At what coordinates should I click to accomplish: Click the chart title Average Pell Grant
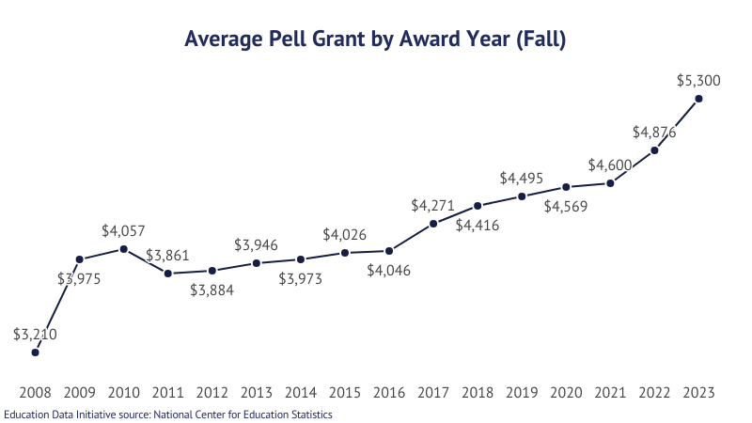[x=375, y=39]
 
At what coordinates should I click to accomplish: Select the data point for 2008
[x=36, y=352]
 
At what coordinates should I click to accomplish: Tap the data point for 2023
[x=698, y=99]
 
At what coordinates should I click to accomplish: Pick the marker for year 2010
[x=124, y=249]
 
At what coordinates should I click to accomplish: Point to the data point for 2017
[x=433, y=224]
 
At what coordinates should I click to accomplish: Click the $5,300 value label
[x=698, y=81]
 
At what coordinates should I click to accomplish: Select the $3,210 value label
[x=36, y=334]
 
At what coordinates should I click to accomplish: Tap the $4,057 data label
[x=124, y=230]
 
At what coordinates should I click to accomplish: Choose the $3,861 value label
[x=168, y=255]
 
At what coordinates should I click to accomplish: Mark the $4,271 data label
[x=433, y=205]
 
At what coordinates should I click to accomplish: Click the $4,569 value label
[x=566, y=207]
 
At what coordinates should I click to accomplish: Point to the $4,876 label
[x=654, y=132]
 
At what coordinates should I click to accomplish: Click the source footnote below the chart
[x=168, y=414]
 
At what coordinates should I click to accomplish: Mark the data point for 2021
[x=610, y=183]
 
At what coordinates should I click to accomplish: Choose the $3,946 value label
[x=257, y=245]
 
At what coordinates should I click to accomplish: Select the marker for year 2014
[x=301, y=259]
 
